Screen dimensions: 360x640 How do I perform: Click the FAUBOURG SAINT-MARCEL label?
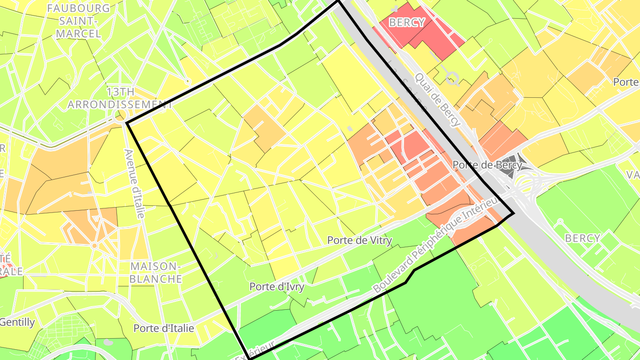tap(79, 20)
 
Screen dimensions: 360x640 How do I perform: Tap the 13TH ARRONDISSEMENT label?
tap(120, 98)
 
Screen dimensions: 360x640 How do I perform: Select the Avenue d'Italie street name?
tap(135, 183)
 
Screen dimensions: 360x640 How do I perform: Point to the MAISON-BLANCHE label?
tap(156, 272)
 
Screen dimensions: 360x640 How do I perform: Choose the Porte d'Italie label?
tap(164, 328)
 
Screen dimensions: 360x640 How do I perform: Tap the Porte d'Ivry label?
tap(277, 287)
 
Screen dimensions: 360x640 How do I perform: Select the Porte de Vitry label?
tap(360, 240)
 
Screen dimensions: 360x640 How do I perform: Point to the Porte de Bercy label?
tap(487, 165)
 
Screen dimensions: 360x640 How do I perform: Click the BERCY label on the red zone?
tap(407, 22)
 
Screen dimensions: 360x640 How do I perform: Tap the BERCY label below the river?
tap(583, 238)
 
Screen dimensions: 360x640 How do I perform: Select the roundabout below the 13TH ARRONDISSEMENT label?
tap(120, 116)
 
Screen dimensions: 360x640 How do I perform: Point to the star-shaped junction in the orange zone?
tap(94, 245)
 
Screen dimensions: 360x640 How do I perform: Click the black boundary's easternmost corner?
tap(514, 214)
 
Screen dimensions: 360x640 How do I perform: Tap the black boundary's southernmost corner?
tap(250, 358)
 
